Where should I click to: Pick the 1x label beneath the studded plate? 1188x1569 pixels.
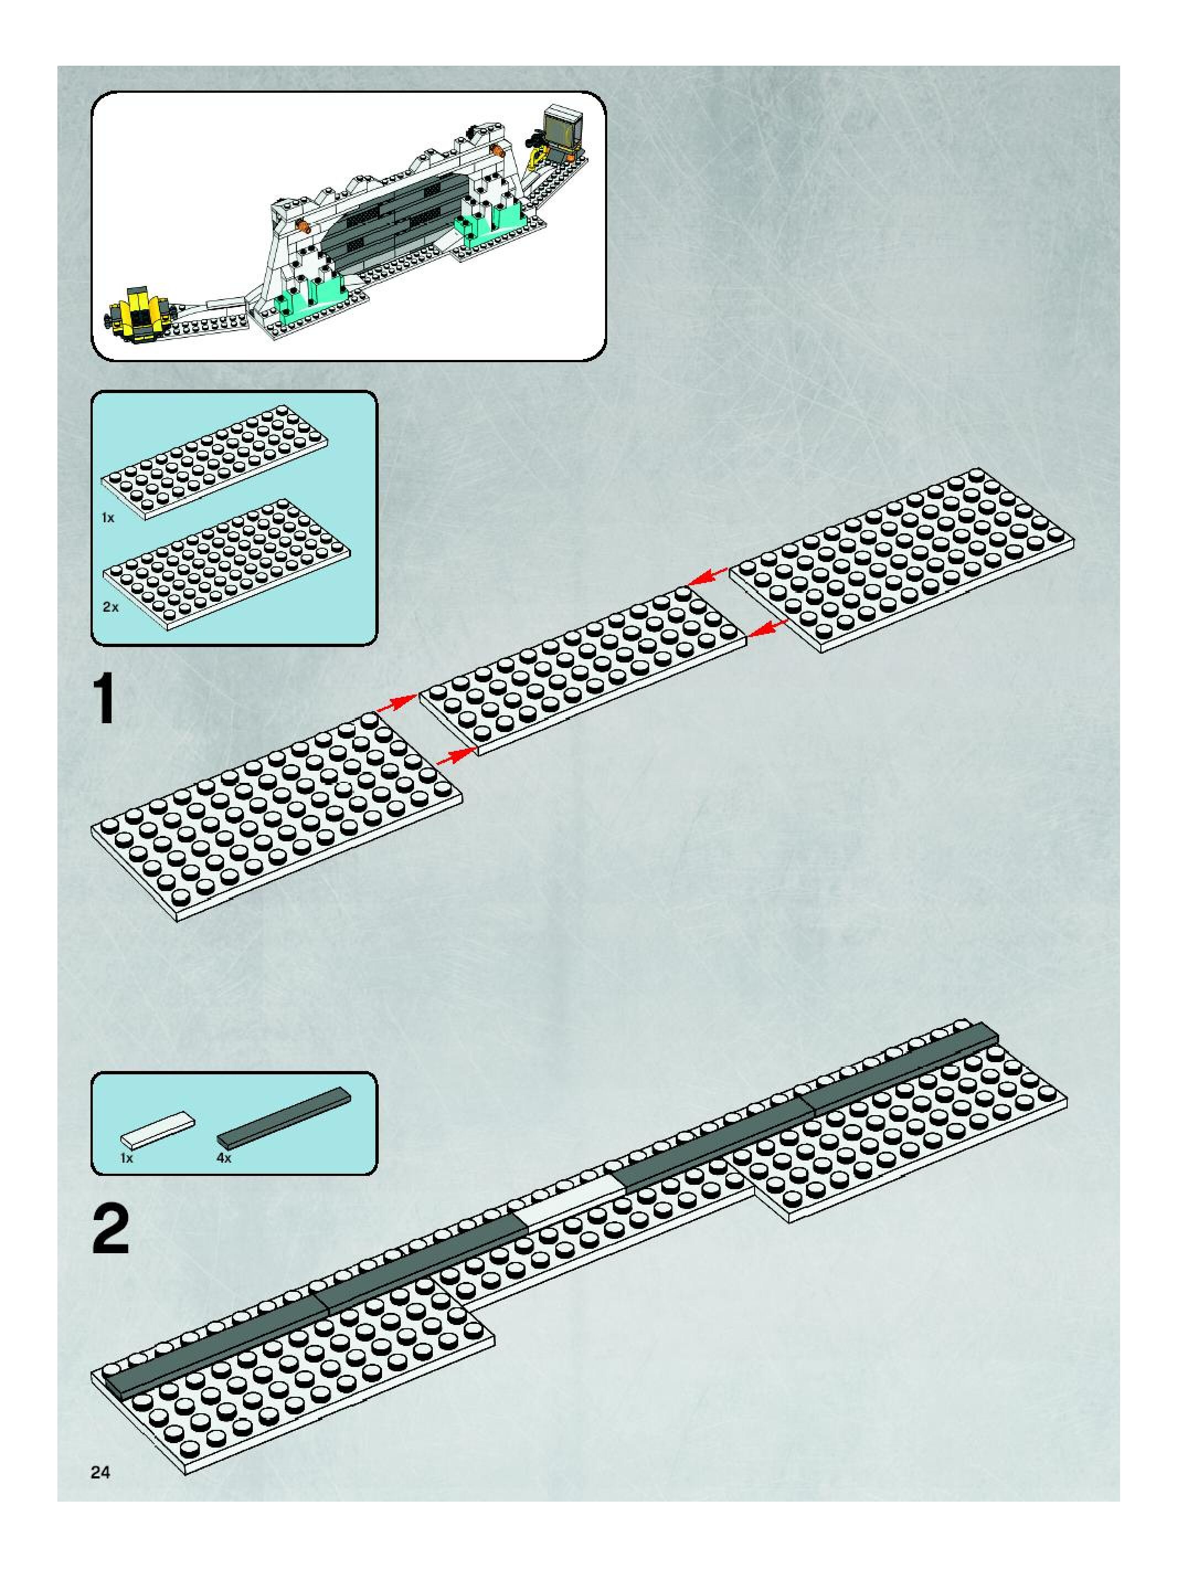point(108,518)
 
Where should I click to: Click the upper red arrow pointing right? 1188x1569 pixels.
point(396,704)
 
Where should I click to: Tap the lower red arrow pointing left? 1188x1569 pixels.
point(768,627)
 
